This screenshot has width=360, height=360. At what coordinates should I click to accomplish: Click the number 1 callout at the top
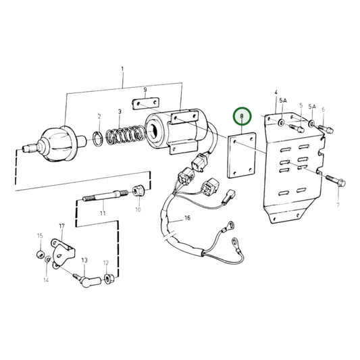click(x=122, y=70)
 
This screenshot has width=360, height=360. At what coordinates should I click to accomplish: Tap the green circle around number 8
click(x=242, y=117)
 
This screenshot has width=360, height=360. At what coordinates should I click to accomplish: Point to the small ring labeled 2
click(x=99, y=138)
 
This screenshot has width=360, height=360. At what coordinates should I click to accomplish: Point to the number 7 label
click(x=338, y=203)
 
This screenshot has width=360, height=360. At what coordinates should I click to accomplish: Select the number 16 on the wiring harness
click(x=186, y=219)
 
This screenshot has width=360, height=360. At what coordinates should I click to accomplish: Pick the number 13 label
click(x=85, y=259)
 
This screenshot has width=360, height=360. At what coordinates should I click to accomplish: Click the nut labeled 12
click(x=107, y=277)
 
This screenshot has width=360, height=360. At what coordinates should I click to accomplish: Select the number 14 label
click(x=47, y=280)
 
